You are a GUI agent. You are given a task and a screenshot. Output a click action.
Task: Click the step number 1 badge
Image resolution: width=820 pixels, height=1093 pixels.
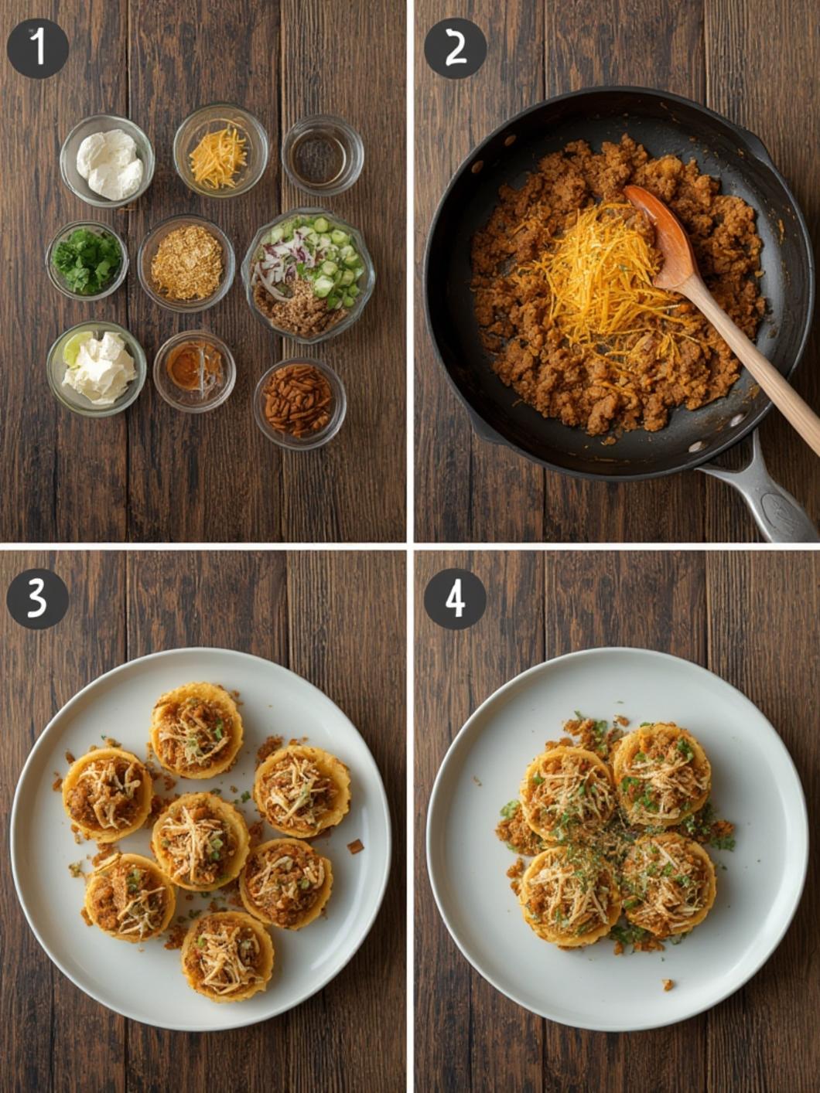pyautogui.click(x=37, y=49)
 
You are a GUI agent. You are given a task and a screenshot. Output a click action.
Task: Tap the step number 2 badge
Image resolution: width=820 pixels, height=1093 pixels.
pyautogui.click(x=455, y=49)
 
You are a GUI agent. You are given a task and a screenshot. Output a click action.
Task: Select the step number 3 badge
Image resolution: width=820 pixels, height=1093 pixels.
pyautogui.click(x=37, y=599)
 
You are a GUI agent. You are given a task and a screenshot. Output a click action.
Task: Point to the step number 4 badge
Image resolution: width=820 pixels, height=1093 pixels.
pyautogui.click(x=455, y=599)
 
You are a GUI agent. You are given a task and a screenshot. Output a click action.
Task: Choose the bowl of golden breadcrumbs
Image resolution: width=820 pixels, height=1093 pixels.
pyautogui.click(x=186, y=263)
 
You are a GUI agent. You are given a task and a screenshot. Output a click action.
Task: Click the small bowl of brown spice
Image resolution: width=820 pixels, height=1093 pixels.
pyautogui.click(x=193, y=370)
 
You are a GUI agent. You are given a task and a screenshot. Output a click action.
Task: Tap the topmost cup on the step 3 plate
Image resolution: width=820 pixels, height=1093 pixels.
pyautogui.click(x=196, y=730)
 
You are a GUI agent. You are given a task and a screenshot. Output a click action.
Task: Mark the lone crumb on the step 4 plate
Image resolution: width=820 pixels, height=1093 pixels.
pyautogui.click(x=667, y=984)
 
